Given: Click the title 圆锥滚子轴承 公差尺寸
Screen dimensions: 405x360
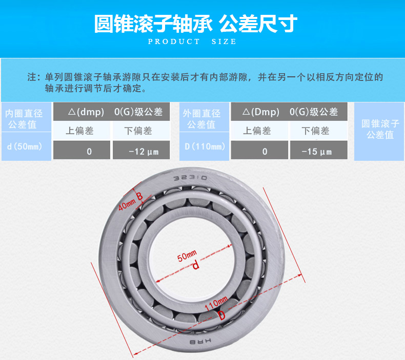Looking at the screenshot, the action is click(x=195, y=23).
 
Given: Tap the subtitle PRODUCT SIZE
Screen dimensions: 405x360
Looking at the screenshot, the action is click(x=192, y=41).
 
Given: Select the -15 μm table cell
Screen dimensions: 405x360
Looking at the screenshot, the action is click(x=318, y=151).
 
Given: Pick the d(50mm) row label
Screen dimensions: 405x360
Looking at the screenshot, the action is click(x=26, y=146).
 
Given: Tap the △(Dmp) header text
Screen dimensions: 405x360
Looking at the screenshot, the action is click(x=260, y=112).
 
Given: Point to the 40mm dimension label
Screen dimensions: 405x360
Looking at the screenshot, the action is click(x=126, y=205).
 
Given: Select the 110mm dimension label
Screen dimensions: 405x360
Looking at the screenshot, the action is click(x=216, y=305).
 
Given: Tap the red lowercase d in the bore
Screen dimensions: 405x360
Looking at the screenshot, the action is click(x=195, y=266).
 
